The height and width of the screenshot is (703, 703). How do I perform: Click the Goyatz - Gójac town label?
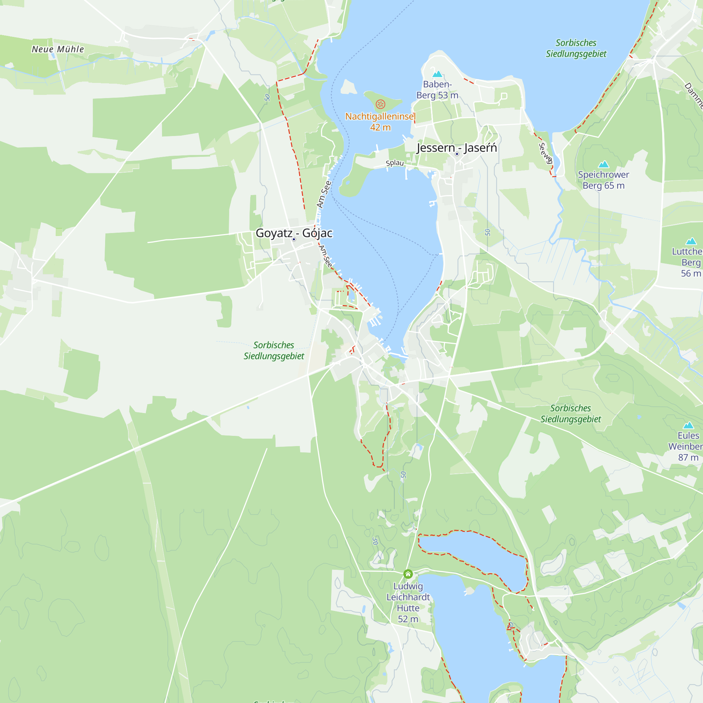pos(294,233)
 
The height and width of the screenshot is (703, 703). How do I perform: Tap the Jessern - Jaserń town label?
pos(457,148)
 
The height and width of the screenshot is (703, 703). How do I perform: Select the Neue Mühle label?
pos(58,49)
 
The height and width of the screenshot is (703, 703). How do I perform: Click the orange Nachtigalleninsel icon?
pos(380,104)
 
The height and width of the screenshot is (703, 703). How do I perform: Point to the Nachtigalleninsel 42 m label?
pos(380,122)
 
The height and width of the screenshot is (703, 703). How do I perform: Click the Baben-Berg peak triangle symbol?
pos(437,74)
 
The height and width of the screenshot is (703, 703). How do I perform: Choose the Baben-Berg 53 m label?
pos(437,90)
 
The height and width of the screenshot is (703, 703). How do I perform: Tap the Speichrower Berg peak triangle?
pos(603,164)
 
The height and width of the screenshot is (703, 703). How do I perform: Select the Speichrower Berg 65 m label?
pos(603,180)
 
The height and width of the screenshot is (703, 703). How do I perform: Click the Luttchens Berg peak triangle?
pos(691,241)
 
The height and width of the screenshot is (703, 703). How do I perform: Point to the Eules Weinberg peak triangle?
pos(688,425)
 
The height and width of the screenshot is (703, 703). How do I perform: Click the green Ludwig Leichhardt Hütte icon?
pos(408,574)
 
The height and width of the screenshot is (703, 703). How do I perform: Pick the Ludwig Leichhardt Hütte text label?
pos(408,602)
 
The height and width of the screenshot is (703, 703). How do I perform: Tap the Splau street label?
pos(395,163)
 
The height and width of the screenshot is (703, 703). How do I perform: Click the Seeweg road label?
pos(545,153)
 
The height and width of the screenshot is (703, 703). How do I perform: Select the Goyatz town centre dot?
pos(294,239)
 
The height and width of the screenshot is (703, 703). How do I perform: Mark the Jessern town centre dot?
pos(457,154)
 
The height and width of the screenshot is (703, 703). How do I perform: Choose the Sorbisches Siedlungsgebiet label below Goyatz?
pos(273,350)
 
